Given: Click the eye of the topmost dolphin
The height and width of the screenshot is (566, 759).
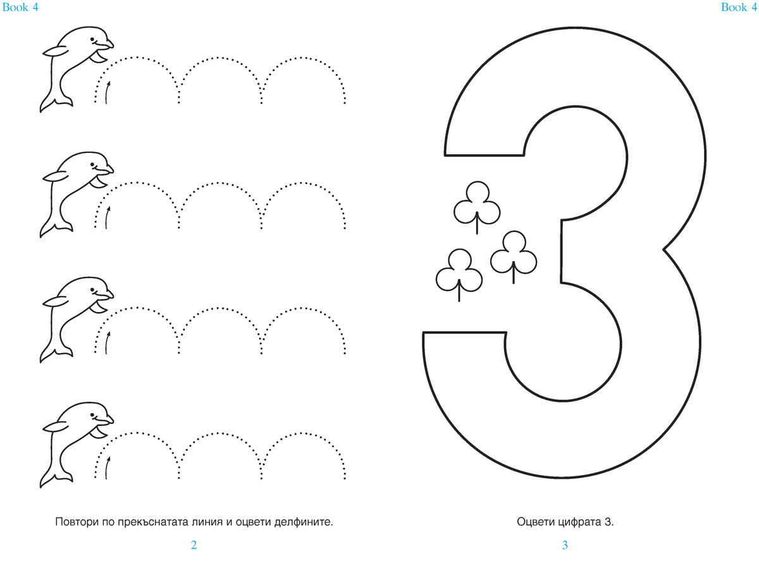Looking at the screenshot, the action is coord(92,39).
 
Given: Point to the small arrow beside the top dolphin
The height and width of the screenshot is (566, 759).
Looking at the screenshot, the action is coord(107,92).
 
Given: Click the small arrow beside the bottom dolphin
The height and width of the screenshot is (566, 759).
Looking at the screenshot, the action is coord(107,467).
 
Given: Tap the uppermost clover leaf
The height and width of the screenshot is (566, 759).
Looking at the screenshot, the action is coord(477,207).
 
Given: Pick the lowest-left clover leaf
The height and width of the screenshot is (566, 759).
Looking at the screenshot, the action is coord(459,275).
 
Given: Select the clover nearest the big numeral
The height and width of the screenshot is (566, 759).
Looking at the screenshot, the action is coord(514,257).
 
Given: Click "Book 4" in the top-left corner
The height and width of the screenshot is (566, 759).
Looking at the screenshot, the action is coord(20,7).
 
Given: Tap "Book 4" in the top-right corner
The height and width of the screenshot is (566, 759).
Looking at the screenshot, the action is coord(739,7).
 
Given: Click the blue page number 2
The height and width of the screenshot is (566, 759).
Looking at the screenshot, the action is coord(194,545).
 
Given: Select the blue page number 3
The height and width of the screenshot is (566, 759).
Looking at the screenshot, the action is coord(565,545).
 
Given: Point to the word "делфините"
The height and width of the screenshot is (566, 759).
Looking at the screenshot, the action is coord(304,522).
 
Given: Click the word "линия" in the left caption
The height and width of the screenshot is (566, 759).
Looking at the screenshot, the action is coord(205,522).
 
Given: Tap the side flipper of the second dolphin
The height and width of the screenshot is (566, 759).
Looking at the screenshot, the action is coord(54,176).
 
